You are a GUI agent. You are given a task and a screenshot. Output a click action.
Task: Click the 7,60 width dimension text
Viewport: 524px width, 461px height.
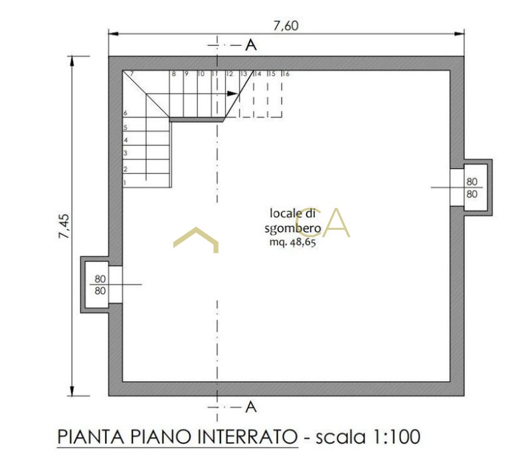click(286, 26)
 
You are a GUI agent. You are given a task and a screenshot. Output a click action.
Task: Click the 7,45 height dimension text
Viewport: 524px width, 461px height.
click(64, 227)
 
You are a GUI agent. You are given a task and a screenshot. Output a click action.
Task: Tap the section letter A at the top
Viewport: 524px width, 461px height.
click(251, 45)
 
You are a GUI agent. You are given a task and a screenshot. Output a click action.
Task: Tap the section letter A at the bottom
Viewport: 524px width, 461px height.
click(251, 407)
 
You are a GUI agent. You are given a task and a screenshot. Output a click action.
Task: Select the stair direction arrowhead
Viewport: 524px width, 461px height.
click(232, 94)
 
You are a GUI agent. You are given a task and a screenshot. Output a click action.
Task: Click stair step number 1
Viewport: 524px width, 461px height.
click(125, 183)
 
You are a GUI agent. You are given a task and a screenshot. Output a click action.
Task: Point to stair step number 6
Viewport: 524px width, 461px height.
click(126, 113)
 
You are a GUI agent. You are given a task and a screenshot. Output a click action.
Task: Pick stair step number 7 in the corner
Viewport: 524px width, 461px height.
click(131, 74)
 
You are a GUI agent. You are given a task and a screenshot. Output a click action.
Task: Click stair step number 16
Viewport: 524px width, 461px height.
click(286, 74)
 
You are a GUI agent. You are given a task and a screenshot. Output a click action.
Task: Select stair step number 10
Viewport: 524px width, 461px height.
click(201, 74)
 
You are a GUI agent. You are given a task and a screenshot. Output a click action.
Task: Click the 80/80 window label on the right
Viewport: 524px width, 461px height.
click(472, 187)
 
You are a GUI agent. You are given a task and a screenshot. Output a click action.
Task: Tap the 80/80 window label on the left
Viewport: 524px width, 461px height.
click(100, 284)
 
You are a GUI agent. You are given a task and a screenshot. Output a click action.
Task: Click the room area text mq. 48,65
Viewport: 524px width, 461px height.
click(293, 242)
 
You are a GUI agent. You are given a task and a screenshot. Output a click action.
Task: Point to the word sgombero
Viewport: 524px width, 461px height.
click(293, 229)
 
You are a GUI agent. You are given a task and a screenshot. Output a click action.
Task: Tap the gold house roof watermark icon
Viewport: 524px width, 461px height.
click(196, 240)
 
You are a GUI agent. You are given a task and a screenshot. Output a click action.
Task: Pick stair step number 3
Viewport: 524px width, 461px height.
click(126, 153)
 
